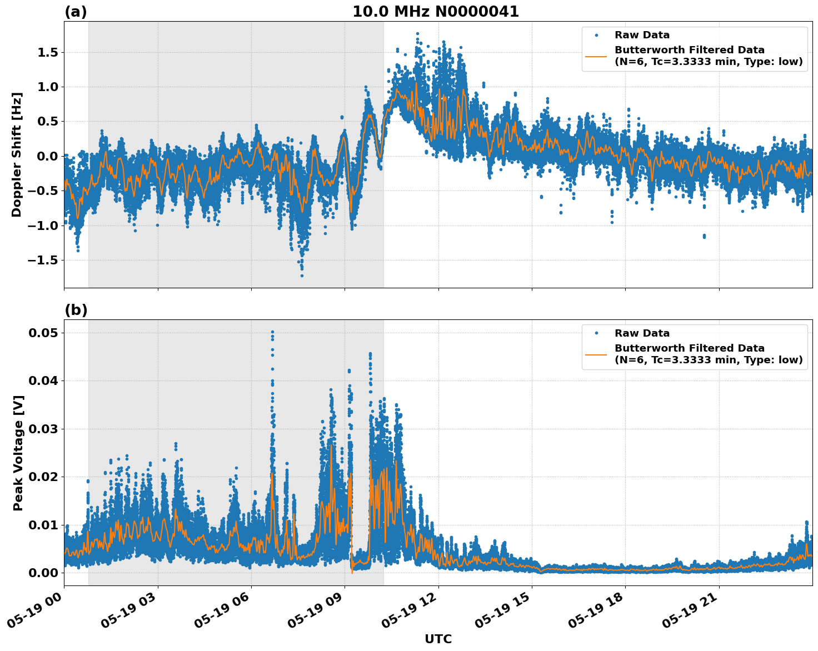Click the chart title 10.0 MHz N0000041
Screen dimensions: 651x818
point(436,12)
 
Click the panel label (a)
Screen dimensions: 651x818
point(76,12)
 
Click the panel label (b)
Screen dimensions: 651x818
point(76,310)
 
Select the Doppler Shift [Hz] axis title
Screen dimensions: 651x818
point(17,154)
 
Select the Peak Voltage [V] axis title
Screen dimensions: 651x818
point(18,453)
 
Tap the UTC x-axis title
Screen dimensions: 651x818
point(438,639)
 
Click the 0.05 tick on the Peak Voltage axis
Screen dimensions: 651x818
point(43,333)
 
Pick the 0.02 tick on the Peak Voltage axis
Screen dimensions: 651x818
point(43,477)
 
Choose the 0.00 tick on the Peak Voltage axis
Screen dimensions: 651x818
point(43,573)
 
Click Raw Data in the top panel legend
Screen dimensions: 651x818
point(642,35)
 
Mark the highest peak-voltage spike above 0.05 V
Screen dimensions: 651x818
point(272,332)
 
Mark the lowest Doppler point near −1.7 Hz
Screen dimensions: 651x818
point(302,276)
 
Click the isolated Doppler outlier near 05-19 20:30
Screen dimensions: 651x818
point(704,236)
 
